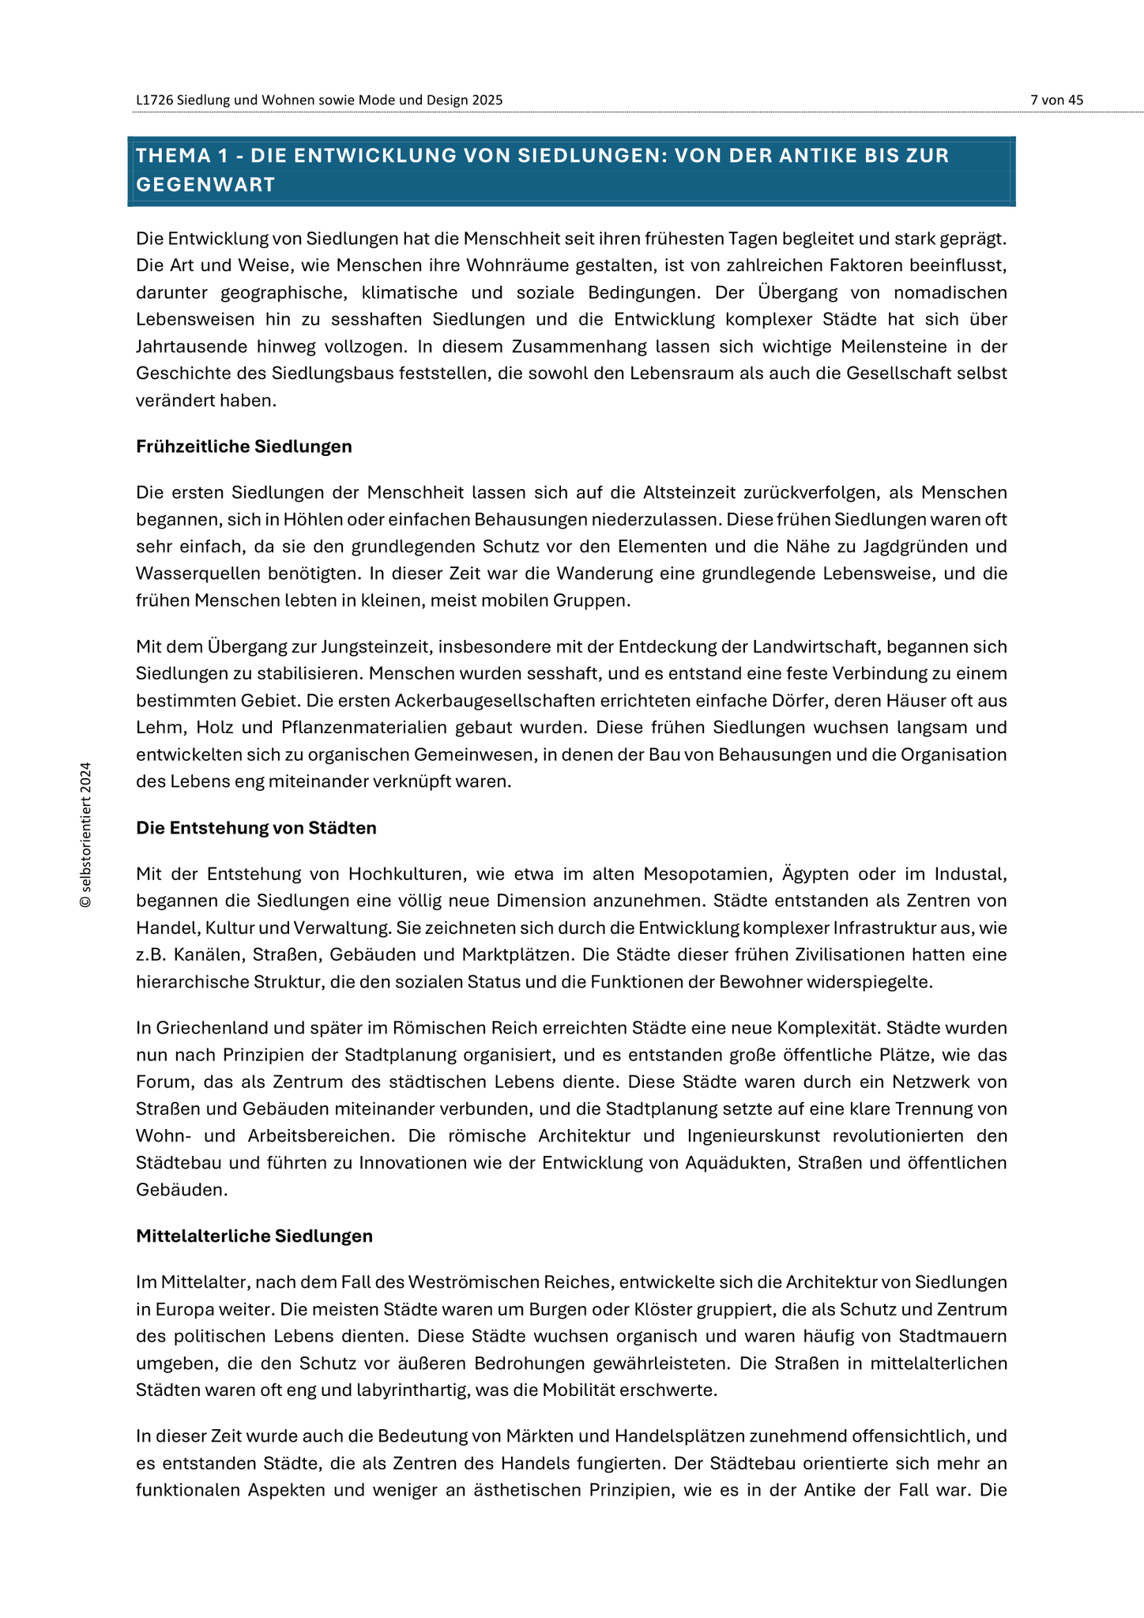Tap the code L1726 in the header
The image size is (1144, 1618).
153,100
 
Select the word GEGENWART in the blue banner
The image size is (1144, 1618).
205,185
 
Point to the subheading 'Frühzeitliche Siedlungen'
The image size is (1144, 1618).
243,447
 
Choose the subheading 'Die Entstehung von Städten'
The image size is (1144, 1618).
256,829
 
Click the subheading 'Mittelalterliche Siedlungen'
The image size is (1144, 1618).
254,1236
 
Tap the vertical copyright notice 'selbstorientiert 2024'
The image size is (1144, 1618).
86,835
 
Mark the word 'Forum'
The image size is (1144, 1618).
163,1082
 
